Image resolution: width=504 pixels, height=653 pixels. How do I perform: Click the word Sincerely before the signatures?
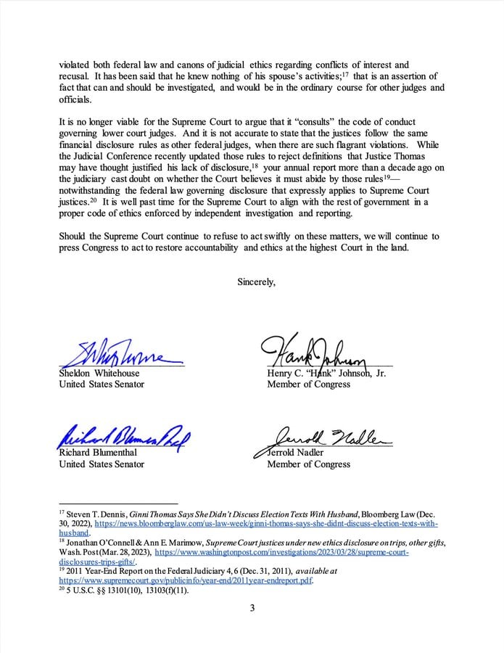(x=256, y=282)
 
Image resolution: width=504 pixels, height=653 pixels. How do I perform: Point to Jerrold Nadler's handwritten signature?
(x=323, y=437)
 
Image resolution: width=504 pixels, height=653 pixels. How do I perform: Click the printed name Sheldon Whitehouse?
(x=99, y=373)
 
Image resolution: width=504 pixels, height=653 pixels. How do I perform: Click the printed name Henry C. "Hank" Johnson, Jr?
(x=326, y=373)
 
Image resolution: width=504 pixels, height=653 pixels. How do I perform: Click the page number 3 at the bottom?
(x=252, y=628)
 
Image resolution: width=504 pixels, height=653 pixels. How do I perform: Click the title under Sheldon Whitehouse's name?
(x=101, y=384)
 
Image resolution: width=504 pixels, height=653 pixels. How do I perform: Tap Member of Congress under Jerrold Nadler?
(x=308, y=464)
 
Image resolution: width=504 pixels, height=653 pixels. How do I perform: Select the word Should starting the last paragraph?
(x=73, y=237)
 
